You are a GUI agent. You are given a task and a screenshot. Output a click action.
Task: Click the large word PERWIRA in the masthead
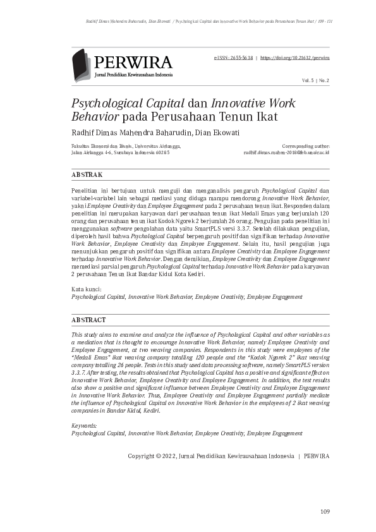(133, 62)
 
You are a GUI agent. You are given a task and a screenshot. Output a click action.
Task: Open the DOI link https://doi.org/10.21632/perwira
(295, 57)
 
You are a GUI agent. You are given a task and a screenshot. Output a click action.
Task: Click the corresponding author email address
(286, 152)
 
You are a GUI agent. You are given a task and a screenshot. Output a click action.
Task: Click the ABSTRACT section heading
(88, 320)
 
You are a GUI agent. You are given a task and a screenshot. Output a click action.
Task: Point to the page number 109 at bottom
(325, 511)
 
